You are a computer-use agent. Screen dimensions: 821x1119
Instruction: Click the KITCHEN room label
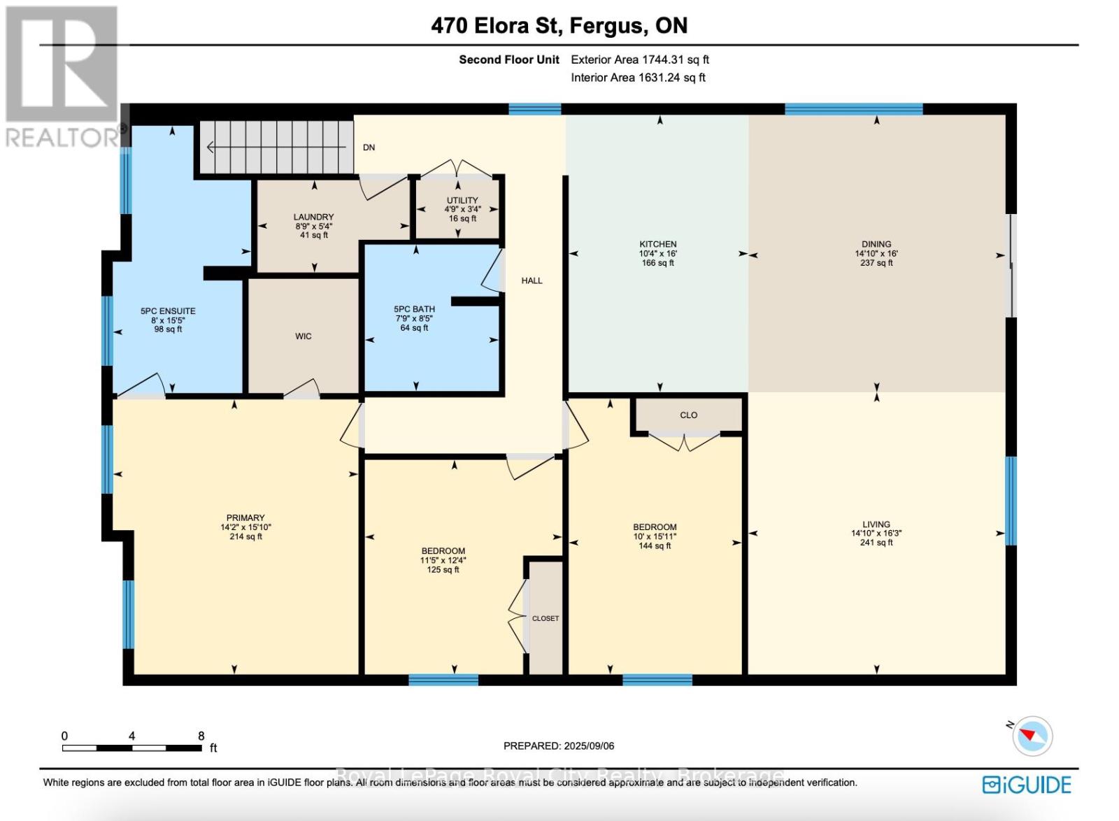(x=657, y=245)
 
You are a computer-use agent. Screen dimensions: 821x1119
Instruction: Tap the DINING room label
(x=876, y=245)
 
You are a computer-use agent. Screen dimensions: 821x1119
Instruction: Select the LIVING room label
(x=876, y=524)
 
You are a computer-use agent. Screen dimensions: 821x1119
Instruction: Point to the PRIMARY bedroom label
(x=245, y=518)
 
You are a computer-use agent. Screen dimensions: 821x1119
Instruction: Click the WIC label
(x=303, y=336)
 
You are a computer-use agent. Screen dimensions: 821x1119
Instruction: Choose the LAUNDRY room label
(x=313, y=217)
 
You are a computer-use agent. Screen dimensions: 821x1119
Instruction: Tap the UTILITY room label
(x=462, y=201)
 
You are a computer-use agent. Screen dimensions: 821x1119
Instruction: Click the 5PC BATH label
(x=414, y=309)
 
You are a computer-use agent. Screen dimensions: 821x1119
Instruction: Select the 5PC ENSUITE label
(x=168, y=311)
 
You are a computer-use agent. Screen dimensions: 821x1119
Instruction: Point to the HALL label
(x=532, y=280)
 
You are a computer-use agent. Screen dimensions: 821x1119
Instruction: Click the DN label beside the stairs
(x=369, y=148)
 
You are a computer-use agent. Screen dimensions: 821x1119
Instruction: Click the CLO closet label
(x=688, y=415)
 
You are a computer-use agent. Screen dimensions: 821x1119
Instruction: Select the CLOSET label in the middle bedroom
(x=546, y=618)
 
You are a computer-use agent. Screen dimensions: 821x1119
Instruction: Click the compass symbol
(x=1032, y=736)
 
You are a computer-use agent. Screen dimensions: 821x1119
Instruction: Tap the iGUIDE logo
(x=1026, y=785)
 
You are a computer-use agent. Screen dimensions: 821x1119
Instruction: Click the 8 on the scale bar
(x=201, y=736)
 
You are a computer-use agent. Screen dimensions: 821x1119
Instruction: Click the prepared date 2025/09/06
(x=587, y=746)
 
